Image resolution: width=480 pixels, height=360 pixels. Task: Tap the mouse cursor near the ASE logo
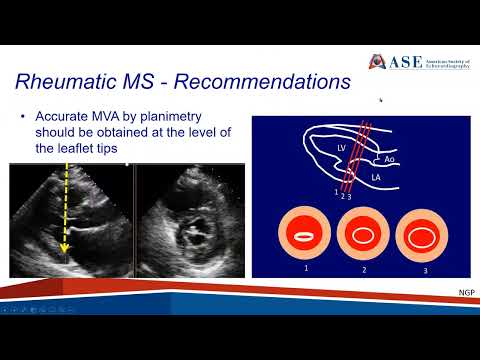[x=380, y=100]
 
